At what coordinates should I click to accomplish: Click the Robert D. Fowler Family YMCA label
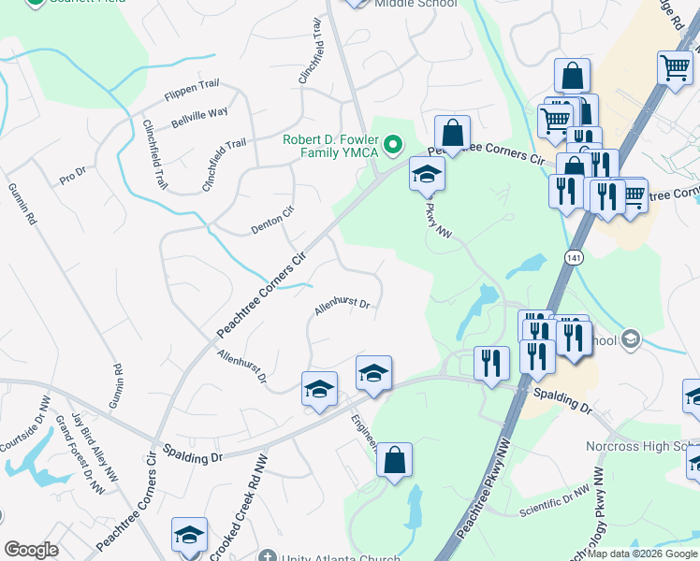tap(329, 145)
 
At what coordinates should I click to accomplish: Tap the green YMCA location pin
tap(394, 144)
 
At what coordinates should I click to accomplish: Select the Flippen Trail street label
tap(191, 90)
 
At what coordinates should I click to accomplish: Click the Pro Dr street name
tap(72, 175)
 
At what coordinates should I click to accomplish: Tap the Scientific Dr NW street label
tap(556, 500)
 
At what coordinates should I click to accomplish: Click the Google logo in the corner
tap(31, 550)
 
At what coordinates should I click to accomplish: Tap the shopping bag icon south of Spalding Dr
tap(394, 460)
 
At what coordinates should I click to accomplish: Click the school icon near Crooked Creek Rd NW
tap(189, 535)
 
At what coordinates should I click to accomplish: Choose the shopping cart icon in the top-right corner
tap(675, 67)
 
